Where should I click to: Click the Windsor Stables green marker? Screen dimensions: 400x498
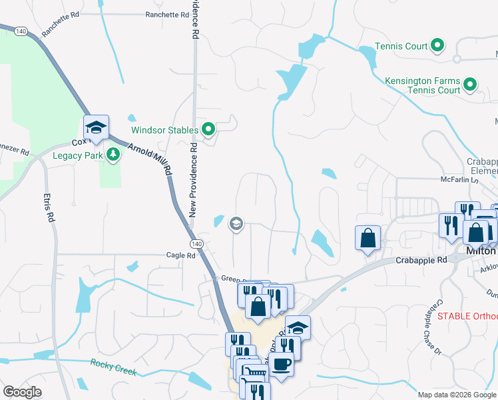208,130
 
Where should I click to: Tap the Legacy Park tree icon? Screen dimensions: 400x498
114,155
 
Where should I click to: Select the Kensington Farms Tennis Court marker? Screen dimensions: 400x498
470,85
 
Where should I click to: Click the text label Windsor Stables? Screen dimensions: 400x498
164,130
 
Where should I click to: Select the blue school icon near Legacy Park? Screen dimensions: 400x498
95,127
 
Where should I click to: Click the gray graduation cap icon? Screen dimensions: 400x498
236,223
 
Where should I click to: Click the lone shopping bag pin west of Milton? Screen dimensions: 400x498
368,238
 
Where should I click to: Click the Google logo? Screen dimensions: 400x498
22,392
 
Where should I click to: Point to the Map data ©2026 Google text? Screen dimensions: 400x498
456,395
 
